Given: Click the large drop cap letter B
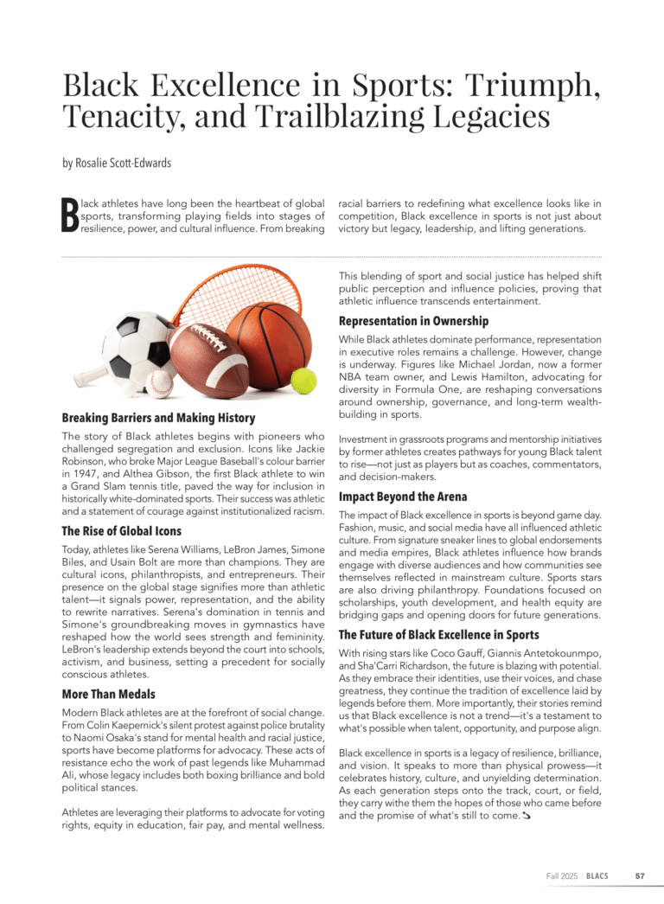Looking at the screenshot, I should point(69,216).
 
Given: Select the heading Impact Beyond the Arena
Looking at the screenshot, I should point(402,497).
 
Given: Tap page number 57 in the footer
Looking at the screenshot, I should point(640,875).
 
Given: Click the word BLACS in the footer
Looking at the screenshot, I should point(597,875).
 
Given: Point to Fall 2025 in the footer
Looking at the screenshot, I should point(562,875).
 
